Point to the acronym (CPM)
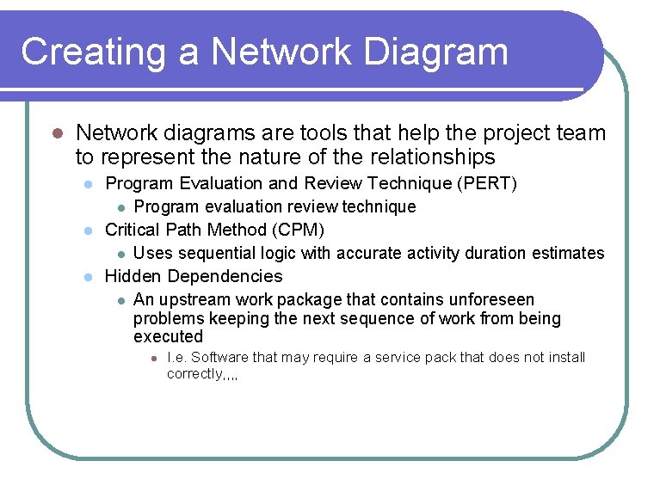(297, 230)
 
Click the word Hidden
(133, 276)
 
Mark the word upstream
(198, 300)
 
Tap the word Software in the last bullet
(221, 358)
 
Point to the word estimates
(568, 253)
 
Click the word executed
(168, 337)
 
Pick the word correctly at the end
(195, 374)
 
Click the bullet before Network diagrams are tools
(56, 134)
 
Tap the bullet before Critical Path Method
(87, 230)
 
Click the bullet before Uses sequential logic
(121, 254)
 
